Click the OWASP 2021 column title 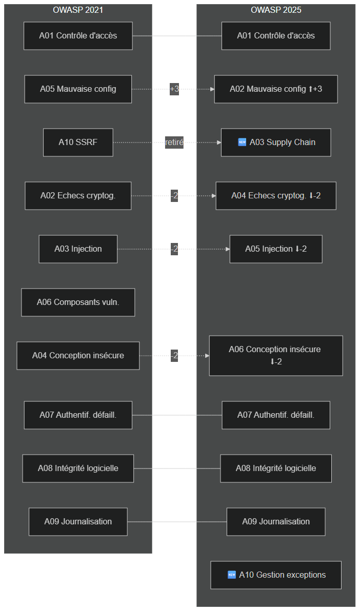78,10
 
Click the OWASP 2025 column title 276,10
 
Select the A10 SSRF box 78,142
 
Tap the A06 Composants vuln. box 78,302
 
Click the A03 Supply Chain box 276,142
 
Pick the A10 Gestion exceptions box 276,575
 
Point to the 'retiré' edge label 174,142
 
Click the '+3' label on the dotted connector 174,89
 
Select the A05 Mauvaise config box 78,89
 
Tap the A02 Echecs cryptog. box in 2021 78,196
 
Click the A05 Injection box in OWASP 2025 276,249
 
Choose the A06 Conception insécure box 276,355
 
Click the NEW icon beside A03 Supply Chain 242,142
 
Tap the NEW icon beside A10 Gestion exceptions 232,575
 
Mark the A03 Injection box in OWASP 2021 78,249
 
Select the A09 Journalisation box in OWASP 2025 276,521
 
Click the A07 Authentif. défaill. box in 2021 78,415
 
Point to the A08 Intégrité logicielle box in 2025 276,469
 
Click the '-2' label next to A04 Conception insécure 174,356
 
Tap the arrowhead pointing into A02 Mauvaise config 213,89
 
